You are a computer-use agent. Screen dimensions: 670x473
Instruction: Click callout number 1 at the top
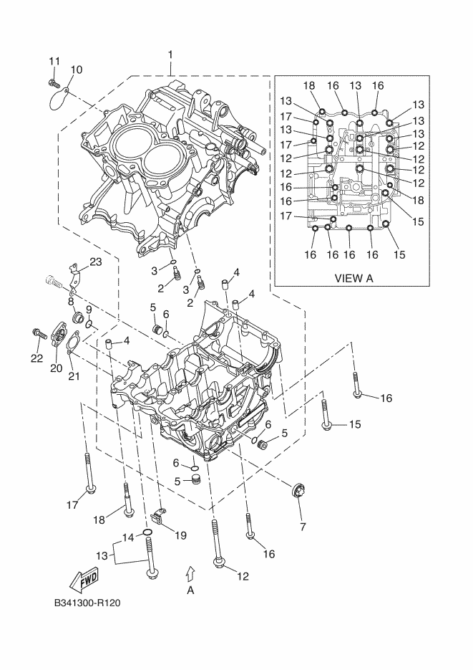pos(170,54)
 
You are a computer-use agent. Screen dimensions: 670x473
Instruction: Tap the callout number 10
pos(76,70)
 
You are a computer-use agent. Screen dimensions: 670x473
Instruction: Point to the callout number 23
pos(95,262)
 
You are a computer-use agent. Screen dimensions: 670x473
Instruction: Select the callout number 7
pos(300,527)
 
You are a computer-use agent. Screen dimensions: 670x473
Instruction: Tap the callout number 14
pos(127,537)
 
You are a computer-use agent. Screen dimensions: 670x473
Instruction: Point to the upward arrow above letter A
pos(190,572)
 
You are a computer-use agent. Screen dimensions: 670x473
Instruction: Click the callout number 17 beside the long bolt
pos(72,504)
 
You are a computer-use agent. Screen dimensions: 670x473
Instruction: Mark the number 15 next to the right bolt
pos(356,425)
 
